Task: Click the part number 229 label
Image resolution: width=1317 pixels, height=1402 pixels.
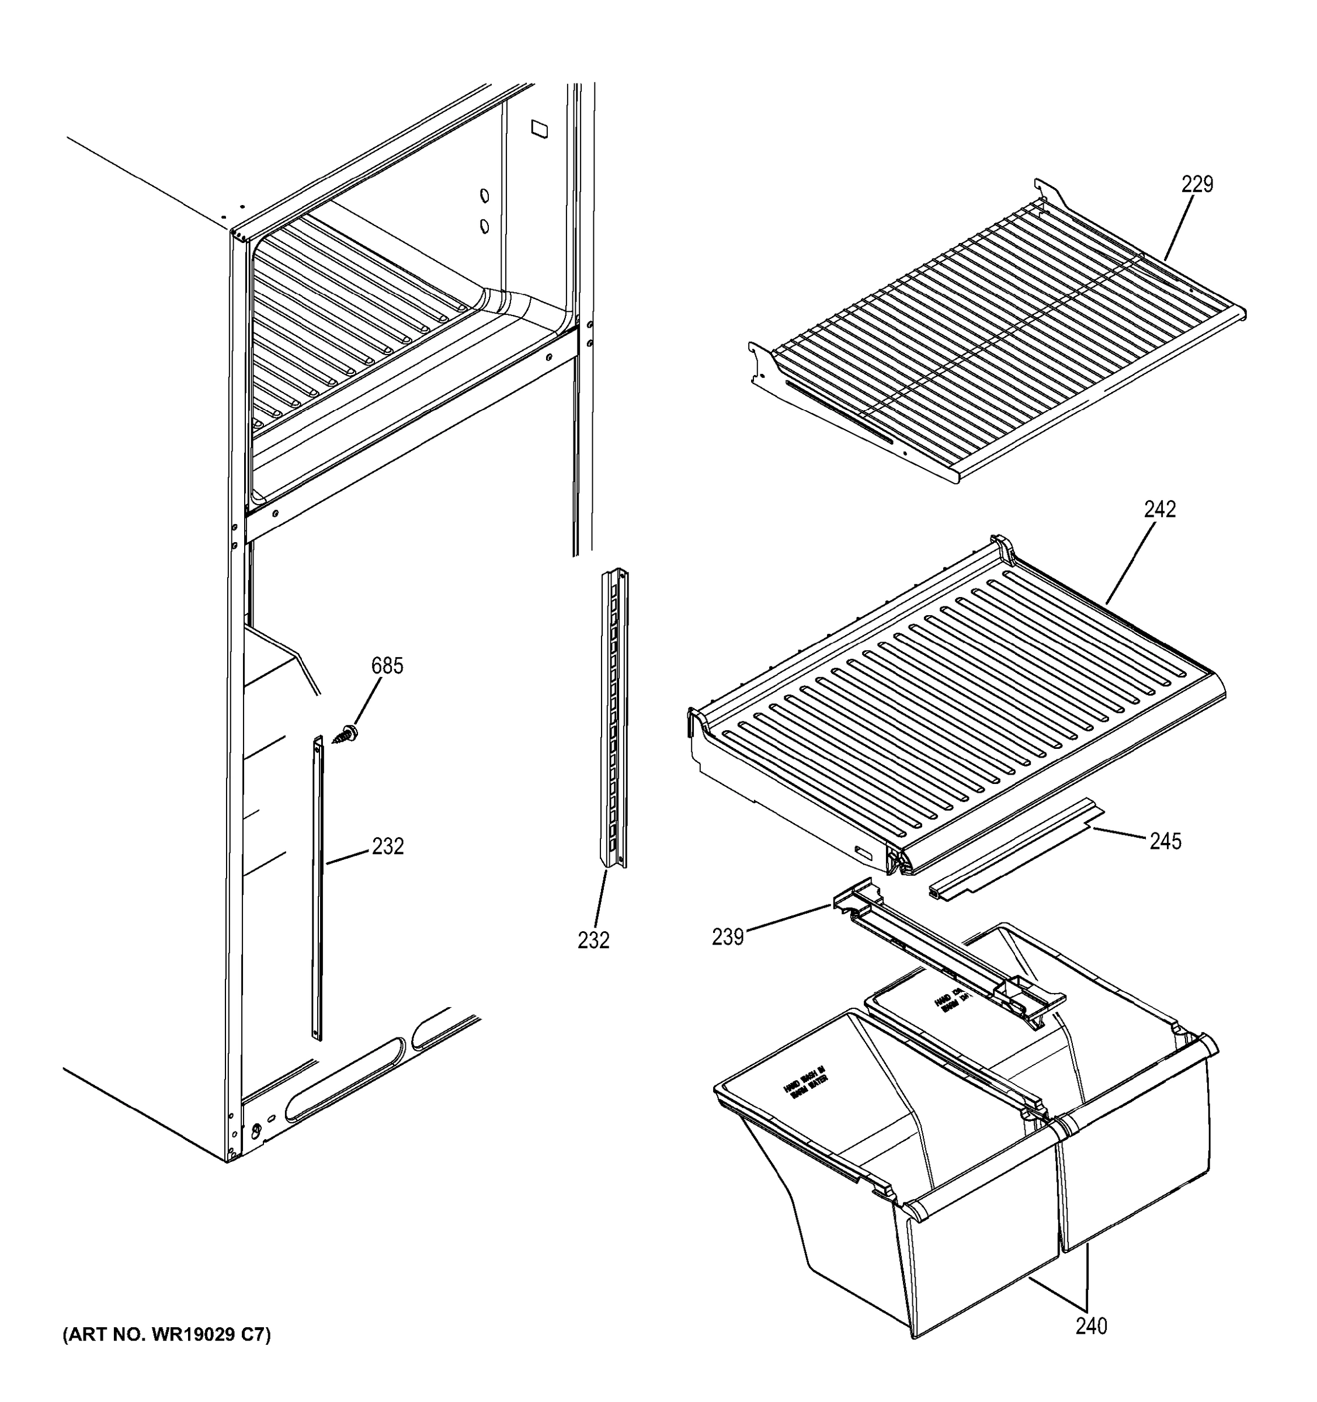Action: [1197, 185]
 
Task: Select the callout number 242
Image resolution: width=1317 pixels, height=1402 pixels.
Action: [1160, 509]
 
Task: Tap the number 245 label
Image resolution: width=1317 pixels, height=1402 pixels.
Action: [1165, 841]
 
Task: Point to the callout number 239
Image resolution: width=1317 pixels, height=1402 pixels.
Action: [728, 936]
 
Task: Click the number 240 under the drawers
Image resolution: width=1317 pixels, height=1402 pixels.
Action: [1092, 1326]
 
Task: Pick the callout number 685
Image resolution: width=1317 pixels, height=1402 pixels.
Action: [387, 666]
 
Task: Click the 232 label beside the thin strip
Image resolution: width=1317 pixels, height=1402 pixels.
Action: [388, 846]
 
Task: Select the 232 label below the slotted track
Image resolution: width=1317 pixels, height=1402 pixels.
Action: [593, 940]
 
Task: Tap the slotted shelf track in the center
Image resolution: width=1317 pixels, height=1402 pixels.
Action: [613, 719]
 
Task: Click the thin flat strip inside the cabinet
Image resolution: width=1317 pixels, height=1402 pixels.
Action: [317, 889]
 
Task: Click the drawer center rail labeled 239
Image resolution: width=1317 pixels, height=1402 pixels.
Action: [945, 952]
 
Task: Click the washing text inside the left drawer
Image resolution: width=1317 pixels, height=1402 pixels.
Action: [804, 1083]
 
